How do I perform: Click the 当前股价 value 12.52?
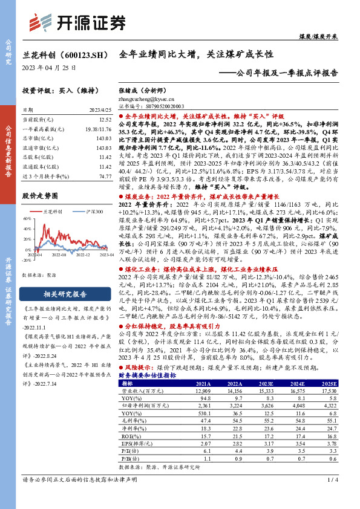pos(105,120)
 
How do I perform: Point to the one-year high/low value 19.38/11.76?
pos(99,129)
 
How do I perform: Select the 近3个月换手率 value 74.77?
pos(105,176)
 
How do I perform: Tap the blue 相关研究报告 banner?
pos(59,295)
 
